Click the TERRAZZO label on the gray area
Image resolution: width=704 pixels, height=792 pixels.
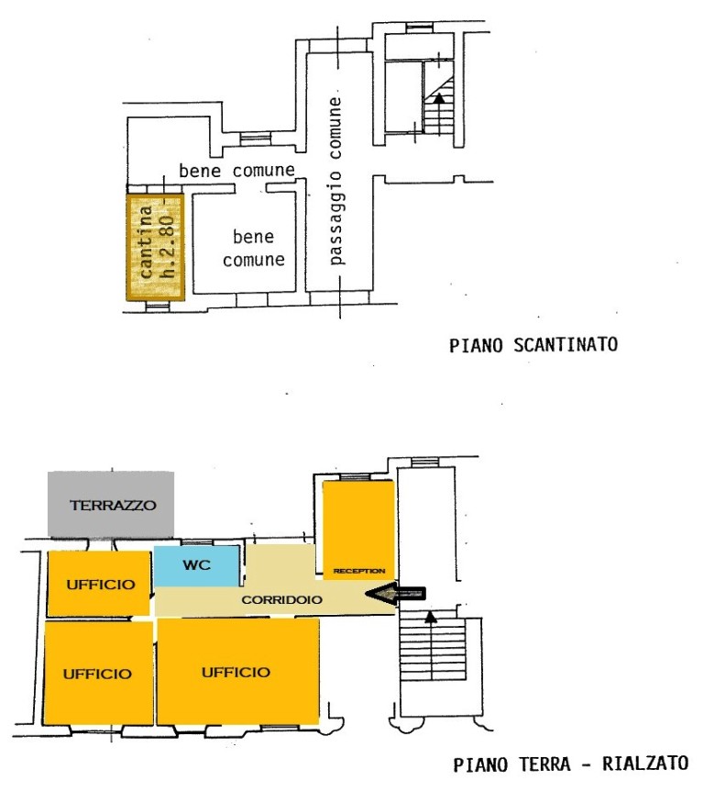coord(113,505)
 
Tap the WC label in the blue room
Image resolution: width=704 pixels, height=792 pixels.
coord(197,564)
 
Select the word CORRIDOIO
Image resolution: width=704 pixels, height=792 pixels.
coord(281,599)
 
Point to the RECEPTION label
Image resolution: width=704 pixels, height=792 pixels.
coord(359,571)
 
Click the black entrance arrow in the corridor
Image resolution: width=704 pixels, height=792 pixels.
coord(396,594)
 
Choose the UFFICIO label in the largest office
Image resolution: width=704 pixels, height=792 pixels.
coord(236,673)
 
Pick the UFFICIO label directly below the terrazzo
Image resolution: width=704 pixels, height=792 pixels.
coord(101,585)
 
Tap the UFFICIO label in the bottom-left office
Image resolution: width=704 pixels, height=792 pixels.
coord(97,674)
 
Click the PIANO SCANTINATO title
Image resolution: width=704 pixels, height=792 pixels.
coord(533,345)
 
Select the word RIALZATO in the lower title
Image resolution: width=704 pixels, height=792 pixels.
coord(645,764)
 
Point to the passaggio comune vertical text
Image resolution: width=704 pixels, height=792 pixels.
coord(335,181)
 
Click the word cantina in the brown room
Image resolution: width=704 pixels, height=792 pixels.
coord(146,241)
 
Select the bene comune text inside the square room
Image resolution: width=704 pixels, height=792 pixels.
coord(254,248)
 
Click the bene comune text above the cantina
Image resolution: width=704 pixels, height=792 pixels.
coord(236,171)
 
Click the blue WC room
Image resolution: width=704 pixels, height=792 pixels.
coord(197,566)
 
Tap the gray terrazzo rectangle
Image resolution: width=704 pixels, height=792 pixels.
coord(111,504)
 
